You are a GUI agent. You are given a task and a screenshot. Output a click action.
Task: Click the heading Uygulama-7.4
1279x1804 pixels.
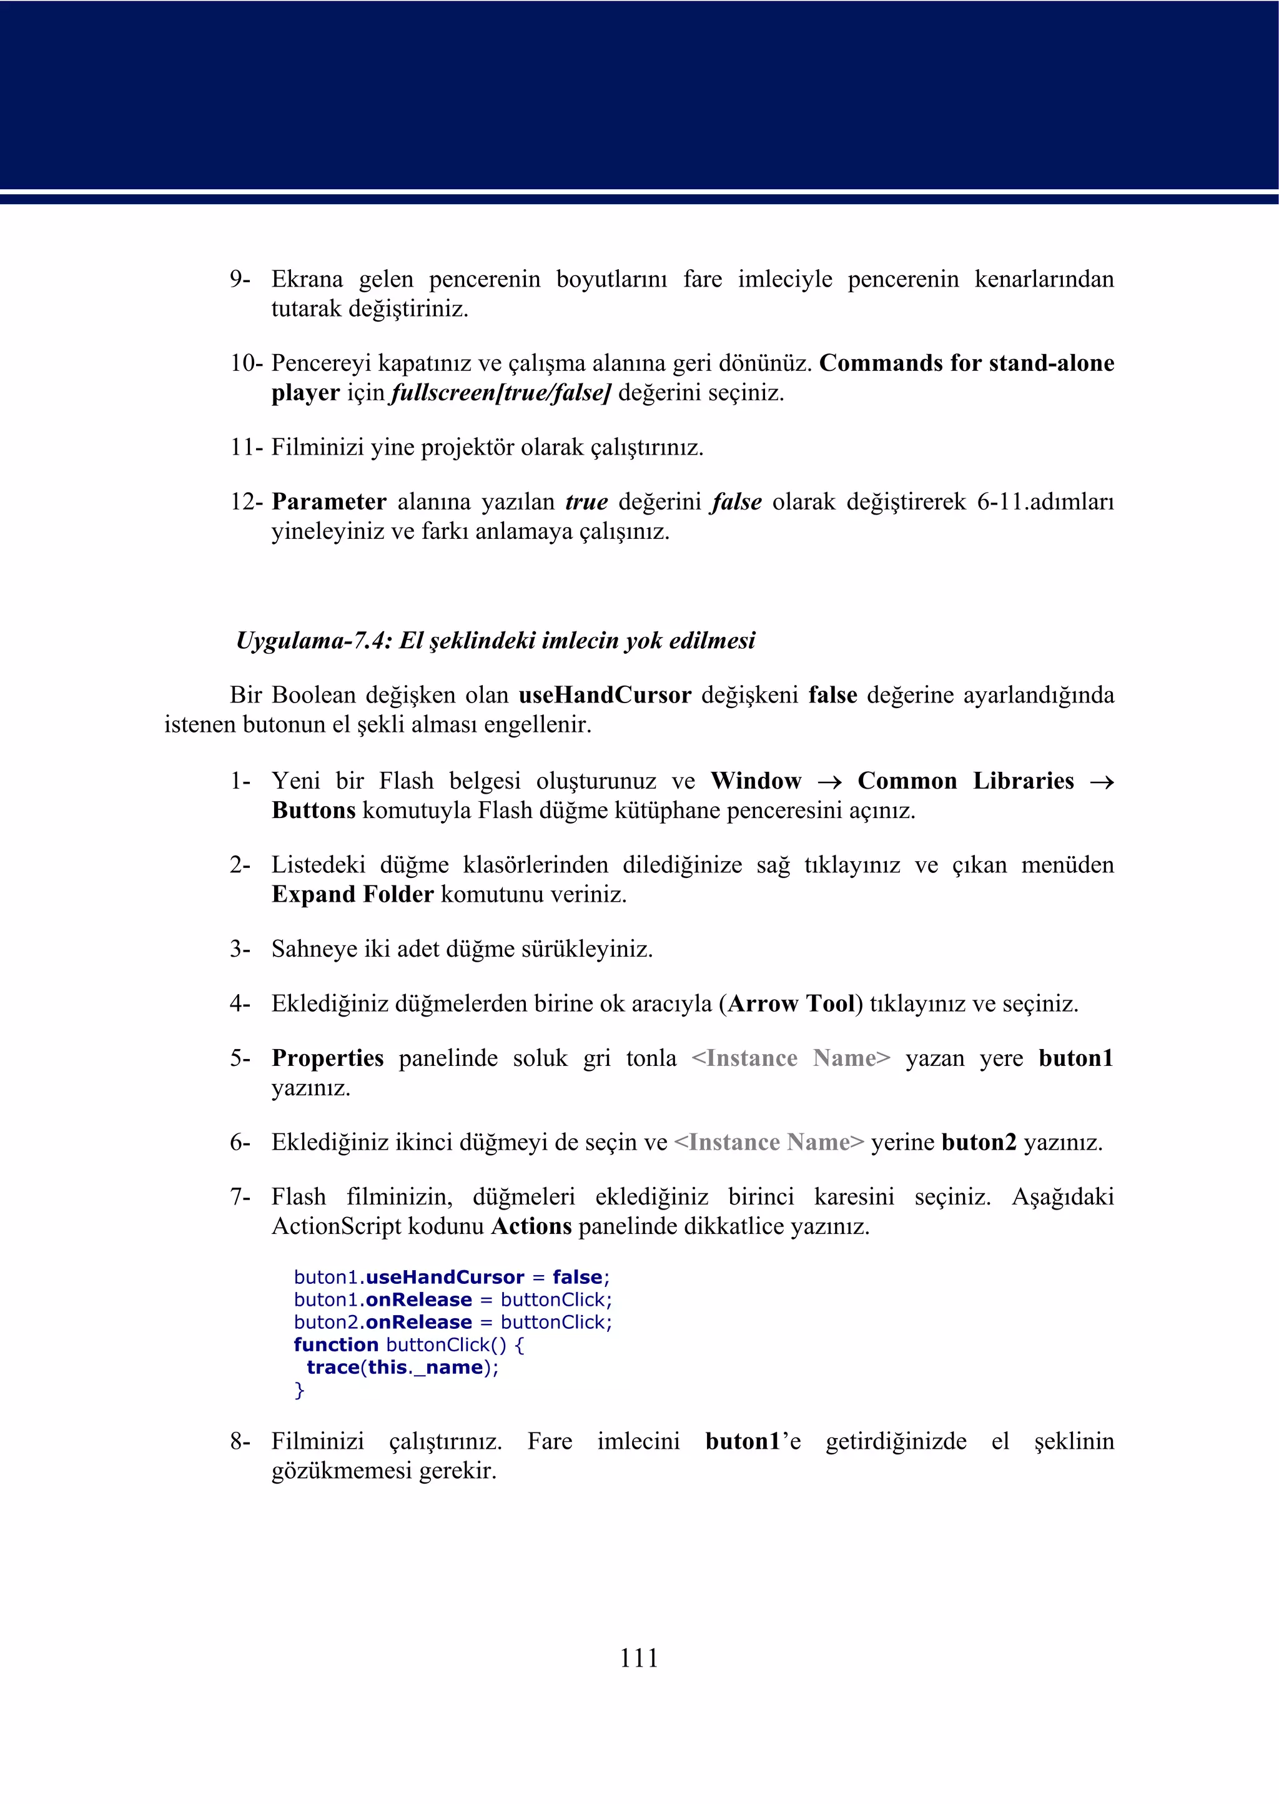[495, 640]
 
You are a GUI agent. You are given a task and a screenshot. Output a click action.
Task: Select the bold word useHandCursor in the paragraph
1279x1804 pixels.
[604, 695]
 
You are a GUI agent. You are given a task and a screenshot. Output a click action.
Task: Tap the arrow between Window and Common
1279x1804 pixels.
[829, 782]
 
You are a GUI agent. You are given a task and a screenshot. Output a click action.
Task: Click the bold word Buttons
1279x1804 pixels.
[314, 811]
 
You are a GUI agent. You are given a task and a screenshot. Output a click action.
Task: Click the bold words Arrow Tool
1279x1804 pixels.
[791, 1004]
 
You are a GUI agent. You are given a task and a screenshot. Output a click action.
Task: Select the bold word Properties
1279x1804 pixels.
[328, 1058]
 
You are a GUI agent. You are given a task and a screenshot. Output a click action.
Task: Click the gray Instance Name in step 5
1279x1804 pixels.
[791, 1058]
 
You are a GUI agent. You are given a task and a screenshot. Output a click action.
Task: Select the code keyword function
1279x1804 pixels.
[335, 1345]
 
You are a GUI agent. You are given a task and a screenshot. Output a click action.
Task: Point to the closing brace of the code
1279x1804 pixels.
[299, 1391]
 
